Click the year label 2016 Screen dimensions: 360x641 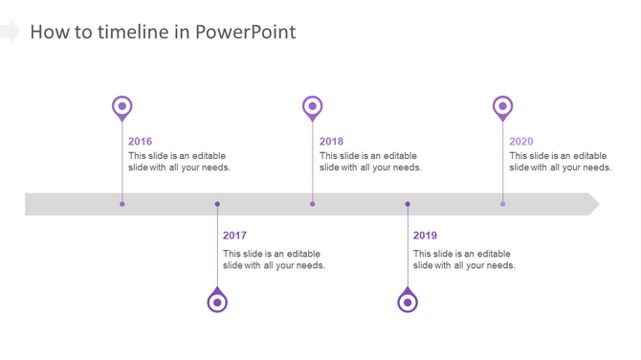point(140,142)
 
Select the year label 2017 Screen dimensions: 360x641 point(234,236)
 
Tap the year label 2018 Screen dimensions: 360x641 point(331,142)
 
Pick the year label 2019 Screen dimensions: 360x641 point(425,236)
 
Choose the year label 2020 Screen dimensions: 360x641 point(521,142)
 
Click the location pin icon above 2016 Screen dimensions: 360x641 point(122,107)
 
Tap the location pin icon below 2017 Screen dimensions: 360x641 point(217,302)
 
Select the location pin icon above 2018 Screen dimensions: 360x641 point(312,107)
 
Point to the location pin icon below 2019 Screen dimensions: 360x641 point(408,302)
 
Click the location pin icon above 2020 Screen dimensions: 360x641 point(502,107)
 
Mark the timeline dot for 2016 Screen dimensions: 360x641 point(122,204)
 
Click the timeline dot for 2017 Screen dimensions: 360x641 point(217,204)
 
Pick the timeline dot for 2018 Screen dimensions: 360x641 point(312,204)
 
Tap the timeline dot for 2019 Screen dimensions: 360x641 point(408,204)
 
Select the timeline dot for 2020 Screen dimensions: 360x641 point(502,204)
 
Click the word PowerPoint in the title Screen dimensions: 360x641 point(246,32)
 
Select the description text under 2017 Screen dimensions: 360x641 point(274,259)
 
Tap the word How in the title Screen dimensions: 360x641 point(47,32)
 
